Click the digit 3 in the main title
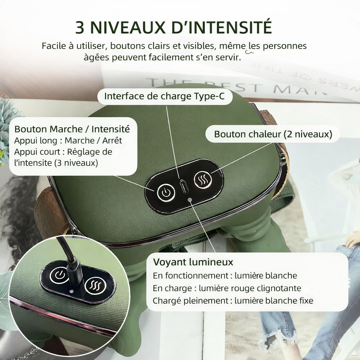[x=80, y=28]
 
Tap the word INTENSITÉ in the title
[x=233, y=28]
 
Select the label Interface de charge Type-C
[x=164, y=96]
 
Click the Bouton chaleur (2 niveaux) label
[x=273, y=134]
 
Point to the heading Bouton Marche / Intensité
[x=72, y=129]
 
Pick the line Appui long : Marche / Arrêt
[x=68, y=141]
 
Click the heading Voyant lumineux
[x=193, y=262]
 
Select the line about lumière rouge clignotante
[x=227, y=288]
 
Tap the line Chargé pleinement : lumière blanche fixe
[x=233, y=301]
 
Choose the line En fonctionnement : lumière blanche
[x=225, y=276]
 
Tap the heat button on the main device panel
[x=202, y=180]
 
